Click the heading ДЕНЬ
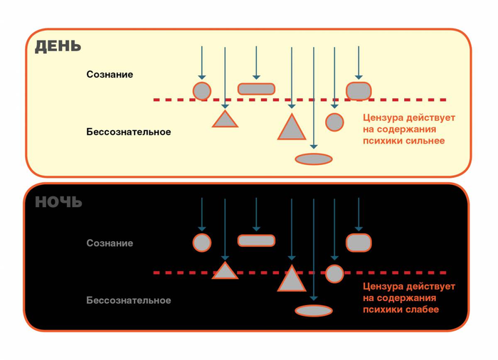tap(58, 47)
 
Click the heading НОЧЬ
tap(58, 202)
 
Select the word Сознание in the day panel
tap(110, 75)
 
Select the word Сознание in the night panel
tap(110, 243)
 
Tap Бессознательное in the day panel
tap(129, 132)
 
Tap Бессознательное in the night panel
tap(129, 300)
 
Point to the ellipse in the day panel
tap(314, 159)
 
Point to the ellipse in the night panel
tap(314, 311)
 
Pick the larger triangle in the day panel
tap(292, 128)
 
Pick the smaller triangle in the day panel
tap(225, 120)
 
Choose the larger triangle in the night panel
tap(292, 280)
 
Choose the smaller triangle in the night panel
tap(225, 271)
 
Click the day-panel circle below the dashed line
tap(334, 122)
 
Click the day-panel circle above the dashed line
tap(202, 91)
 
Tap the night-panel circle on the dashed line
tap(334, 273)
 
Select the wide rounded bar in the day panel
tap(256, 89)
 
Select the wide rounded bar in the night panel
tap(256, 240)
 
